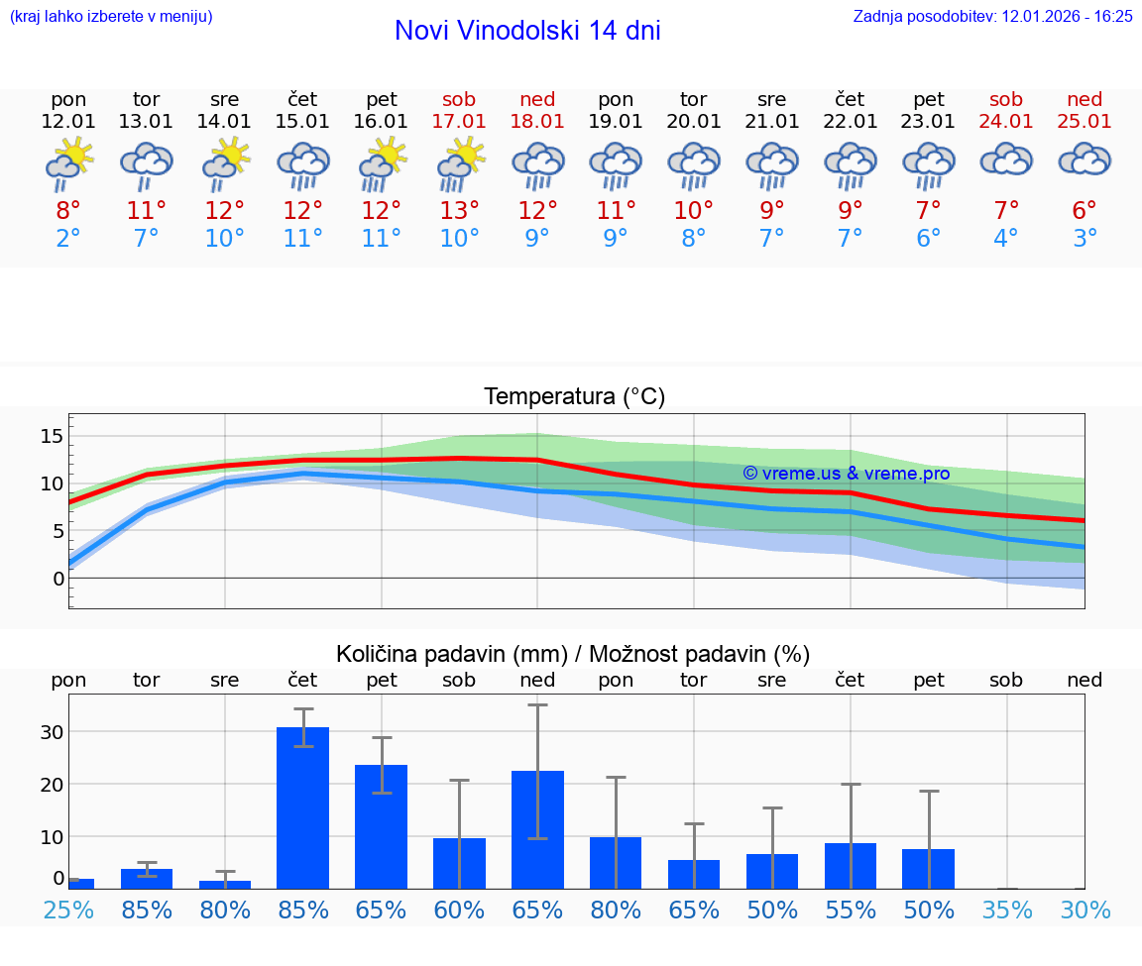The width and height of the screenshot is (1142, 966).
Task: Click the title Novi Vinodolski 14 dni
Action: click(x=527, y=31)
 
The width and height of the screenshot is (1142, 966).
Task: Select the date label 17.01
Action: click(x=459, y=122)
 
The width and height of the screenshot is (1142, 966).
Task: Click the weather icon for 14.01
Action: click(x=225, y=164)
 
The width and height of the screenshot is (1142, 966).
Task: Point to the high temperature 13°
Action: click(x=459, y=211)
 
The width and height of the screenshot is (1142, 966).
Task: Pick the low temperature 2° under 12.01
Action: click(x=68, y=239)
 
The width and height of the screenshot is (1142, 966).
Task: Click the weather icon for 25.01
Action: click(x=1085, y=161)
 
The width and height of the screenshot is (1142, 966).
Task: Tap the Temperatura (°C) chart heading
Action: click(x=574, y=397)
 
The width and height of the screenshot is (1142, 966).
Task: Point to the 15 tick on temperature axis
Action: click(x=52, y=437)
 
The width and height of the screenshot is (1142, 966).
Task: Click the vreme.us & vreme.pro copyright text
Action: click(x=846, y=474)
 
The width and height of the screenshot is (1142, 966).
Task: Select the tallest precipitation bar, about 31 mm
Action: click(x=302, y=807)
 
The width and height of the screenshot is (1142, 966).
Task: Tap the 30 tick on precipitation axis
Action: click(x=52, y=732)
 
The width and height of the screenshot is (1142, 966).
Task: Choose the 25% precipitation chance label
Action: click(x=68, y=911)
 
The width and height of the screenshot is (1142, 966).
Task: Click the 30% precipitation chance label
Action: click(x=1085, y=911)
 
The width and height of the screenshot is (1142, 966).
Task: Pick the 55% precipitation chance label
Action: click(x=850, y=911)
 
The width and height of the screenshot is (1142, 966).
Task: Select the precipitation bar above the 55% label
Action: click(x=850, y=866)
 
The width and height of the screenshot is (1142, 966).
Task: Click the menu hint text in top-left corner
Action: click(x=111, y=17)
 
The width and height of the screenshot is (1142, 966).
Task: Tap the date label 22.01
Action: click(x=850, y=122)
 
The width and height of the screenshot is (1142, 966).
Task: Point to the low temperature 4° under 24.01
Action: click(x=1006, y=239)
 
